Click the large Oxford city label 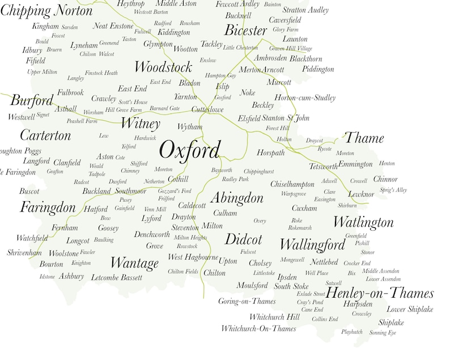[189, 150]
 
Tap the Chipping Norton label [46, 11]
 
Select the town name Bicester [245, 30]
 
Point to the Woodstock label [163, 67]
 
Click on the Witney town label [141, 124]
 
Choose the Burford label [32, 101]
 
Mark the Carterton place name [45, 135]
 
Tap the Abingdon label [237, 198]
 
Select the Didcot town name [243, 239]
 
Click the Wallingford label [312, 244]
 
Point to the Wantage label [134, 263]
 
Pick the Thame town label [364, 138]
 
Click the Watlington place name [363, 221]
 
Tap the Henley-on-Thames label [380, 293]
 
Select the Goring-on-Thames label [247, 301]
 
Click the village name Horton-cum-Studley [305, 98]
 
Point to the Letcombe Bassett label [116, 277]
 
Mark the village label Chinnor [385, 179]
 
